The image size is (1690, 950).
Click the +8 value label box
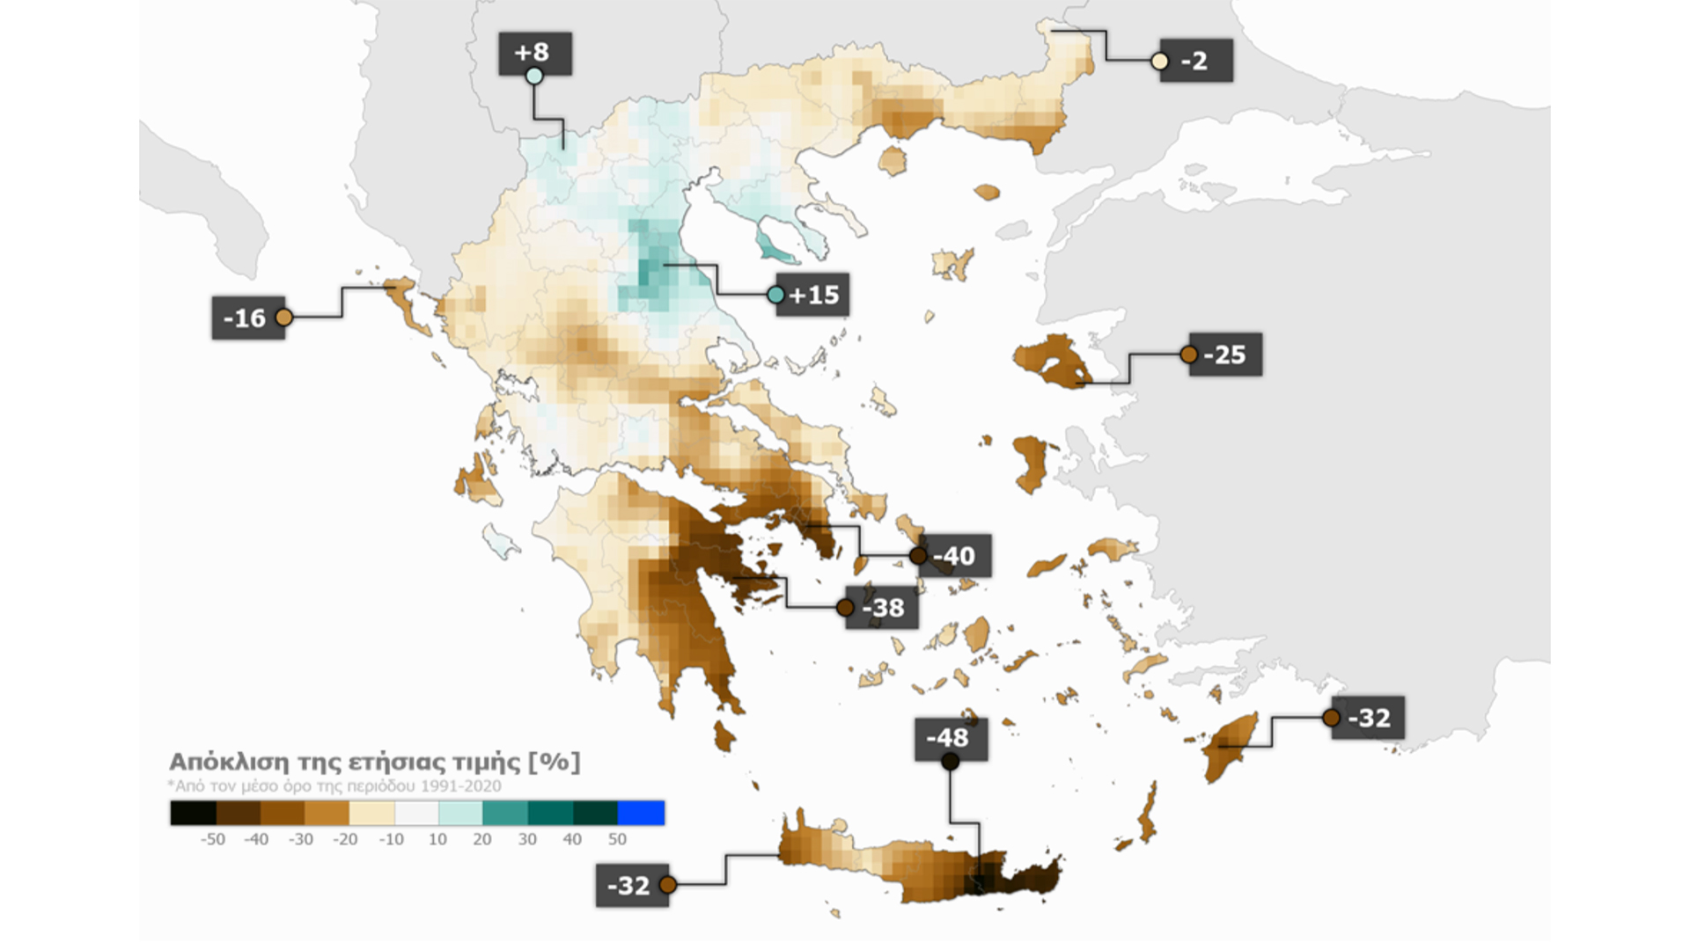click(x=534, y=53)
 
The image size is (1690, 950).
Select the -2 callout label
click(x=1196, y=62)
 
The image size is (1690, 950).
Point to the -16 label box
click(x=246, y=318)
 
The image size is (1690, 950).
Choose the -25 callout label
click(x=1226, y=355)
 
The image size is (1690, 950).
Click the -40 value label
click(x=955, y=556)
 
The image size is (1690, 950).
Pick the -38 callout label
click(x=883, y=608)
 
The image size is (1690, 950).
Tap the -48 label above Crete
click(x=950, y=738)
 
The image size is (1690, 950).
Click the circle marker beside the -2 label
click(x=1160, y=62)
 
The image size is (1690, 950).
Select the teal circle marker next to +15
click(x=775, y=295)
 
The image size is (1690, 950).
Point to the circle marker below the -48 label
click(x=950, y=762)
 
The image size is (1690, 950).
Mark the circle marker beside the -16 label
click(x=283, y=318)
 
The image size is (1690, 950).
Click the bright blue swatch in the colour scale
click(x=641, y=813)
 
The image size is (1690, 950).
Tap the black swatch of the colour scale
click(x=194, y=813)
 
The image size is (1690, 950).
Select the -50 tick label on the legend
click(x=212, y=839)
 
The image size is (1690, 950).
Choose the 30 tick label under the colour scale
click(x=526, y=839)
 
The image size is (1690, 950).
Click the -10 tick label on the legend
click(x=391, y=839)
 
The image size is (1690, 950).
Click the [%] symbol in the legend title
click(x=555, y=762)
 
